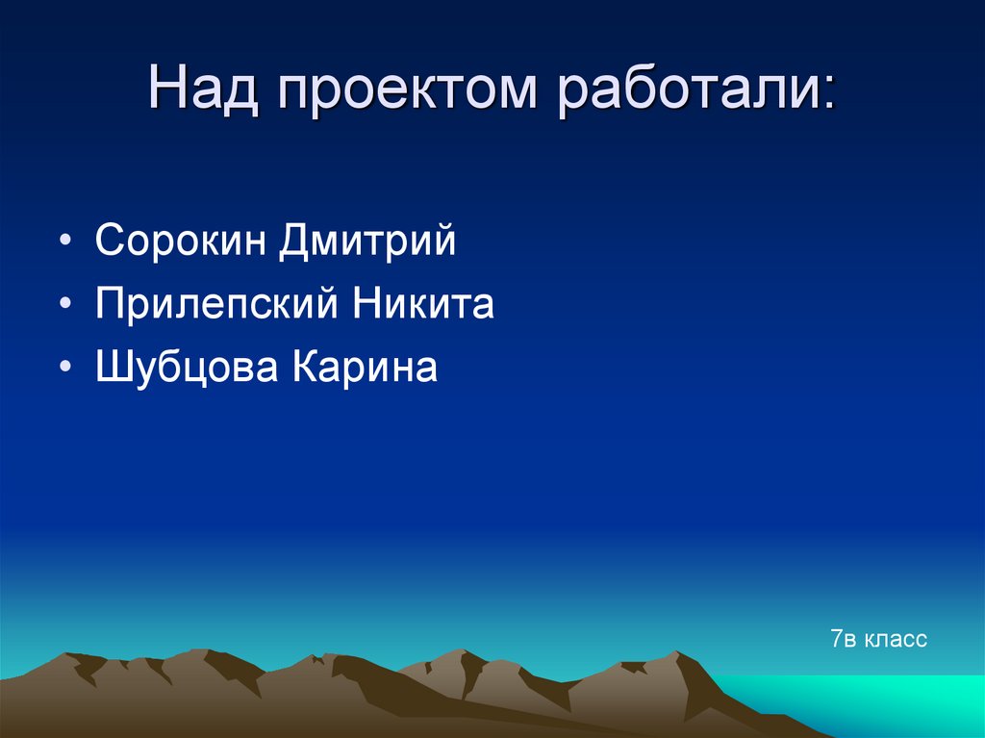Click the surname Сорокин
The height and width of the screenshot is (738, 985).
[180, 242]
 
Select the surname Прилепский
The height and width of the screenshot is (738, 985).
[216, 305]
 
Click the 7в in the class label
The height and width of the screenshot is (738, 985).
[844, 638]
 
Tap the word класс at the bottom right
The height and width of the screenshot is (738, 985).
[896, 638]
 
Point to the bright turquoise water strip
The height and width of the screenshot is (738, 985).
[866, 702]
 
